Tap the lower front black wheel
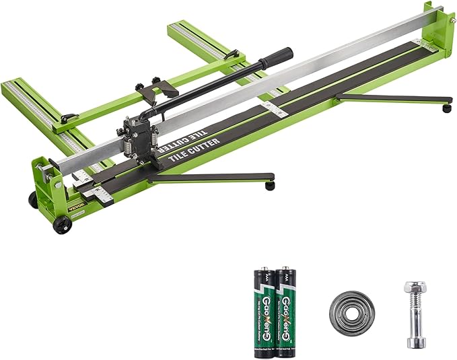pyautogui.click(x=62, y=225)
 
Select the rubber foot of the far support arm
pyautogui.click(x=446, y=108)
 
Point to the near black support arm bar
pyautogui.click(x=209, y=178)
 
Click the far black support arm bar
pyautogui.click(x=390, y=98)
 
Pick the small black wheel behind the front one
pyautogui.click(x=32, y=200)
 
